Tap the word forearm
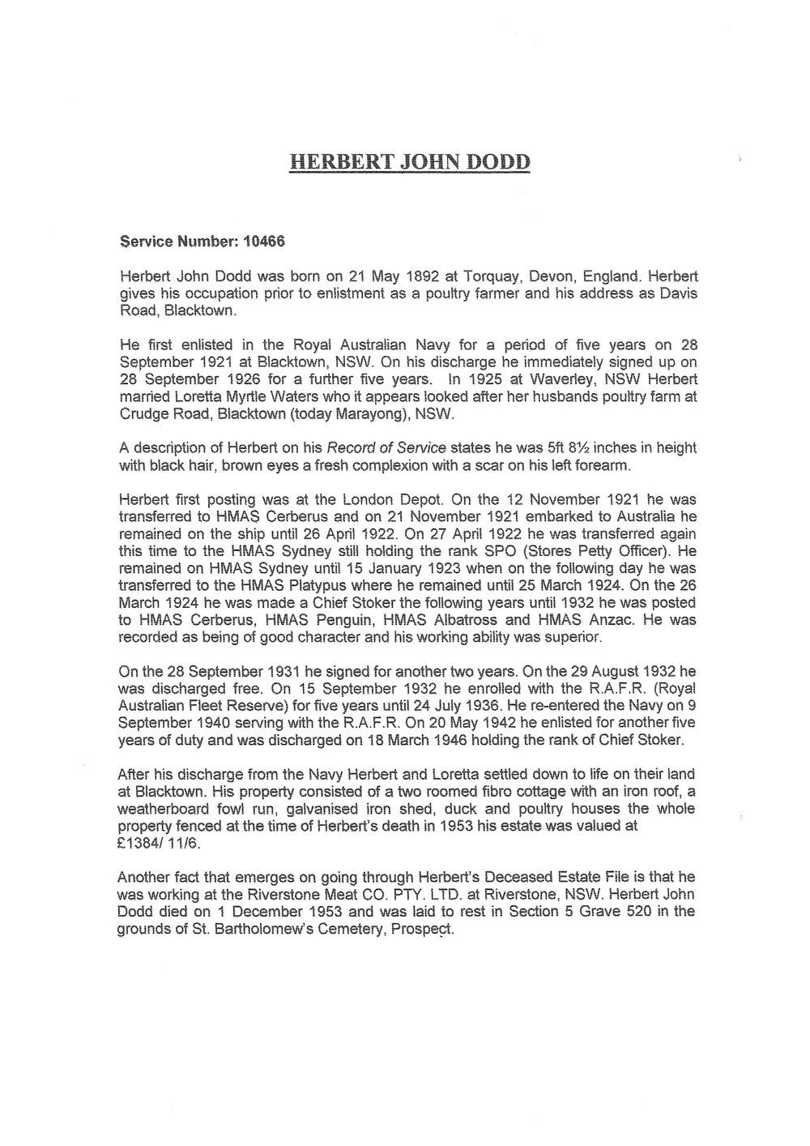click(x=596, y=466)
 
